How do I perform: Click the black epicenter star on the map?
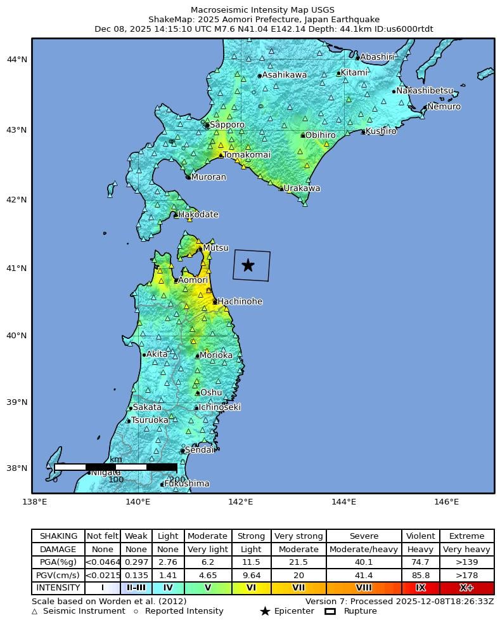click(248, 265)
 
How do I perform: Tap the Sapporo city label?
click(227, 125)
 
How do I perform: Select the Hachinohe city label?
click(240, 301)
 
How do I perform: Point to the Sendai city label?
click(199, 450)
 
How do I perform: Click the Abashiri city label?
click(377, 57)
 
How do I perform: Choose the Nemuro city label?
click(444, 107)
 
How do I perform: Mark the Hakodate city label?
click(198, 215)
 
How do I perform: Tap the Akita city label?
click(157, 354)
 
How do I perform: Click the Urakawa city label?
click(302, 188)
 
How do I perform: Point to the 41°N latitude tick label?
click(16, 268)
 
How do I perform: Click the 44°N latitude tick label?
click(16, 60)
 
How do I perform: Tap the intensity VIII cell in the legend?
click(364, 588)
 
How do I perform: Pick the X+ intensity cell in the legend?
click(466, 588)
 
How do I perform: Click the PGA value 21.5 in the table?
click(298, 562)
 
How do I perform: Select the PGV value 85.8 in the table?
click(420, 575)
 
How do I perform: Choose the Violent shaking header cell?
click(420, 536)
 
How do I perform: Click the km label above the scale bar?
click(116, 459)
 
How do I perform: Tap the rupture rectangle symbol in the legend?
click(330, 611)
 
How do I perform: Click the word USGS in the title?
click(323, 10)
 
